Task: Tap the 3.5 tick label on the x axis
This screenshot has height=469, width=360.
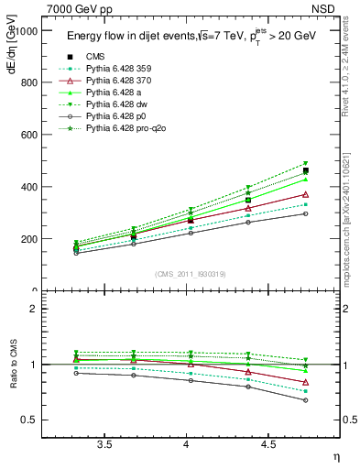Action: [104, 445]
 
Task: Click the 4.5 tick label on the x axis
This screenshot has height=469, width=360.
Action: [267, 445]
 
